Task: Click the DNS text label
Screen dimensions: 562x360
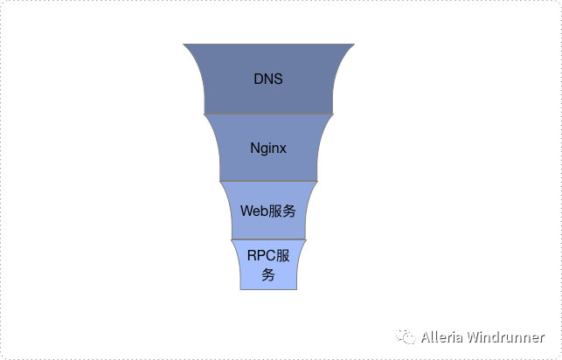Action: point(268,79)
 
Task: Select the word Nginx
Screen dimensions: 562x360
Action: point(268,148)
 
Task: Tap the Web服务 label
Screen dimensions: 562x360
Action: point(268,211)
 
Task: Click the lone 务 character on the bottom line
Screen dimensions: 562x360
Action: point(268,275)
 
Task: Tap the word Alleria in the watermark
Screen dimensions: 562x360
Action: point(441,337)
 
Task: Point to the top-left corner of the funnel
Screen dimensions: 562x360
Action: point(184,44)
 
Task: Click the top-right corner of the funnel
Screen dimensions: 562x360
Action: point(353,44)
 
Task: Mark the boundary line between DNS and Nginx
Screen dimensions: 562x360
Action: point(268,114)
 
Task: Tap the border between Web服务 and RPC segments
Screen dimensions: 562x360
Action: point(268,239)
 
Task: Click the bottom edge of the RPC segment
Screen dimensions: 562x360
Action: point(268,289)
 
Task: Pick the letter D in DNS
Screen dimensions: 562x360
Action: point(258,79)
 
